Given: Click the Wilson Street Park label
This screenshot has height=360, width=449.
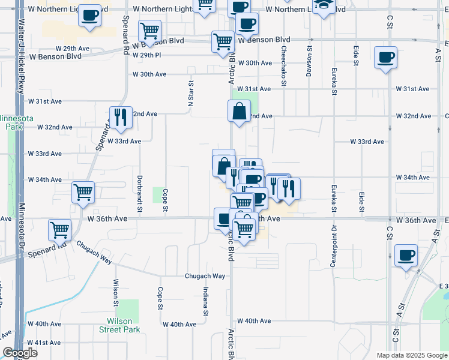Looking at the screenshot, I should [119, 325].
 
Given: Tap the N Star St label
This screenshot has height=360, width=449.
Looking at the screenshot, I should [191, 94].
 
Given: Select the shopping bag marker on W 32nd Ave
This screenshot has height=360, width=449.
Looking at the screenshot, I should [239, 111].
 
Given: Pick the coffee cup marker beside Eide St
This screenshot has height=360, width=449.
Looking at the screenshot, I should [385, 58].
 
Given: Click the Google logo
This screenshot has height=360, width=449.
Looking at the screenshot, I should [20, 353].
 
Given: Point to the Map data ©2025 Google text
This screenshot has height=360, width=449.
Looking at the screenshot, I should [411, 355].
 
